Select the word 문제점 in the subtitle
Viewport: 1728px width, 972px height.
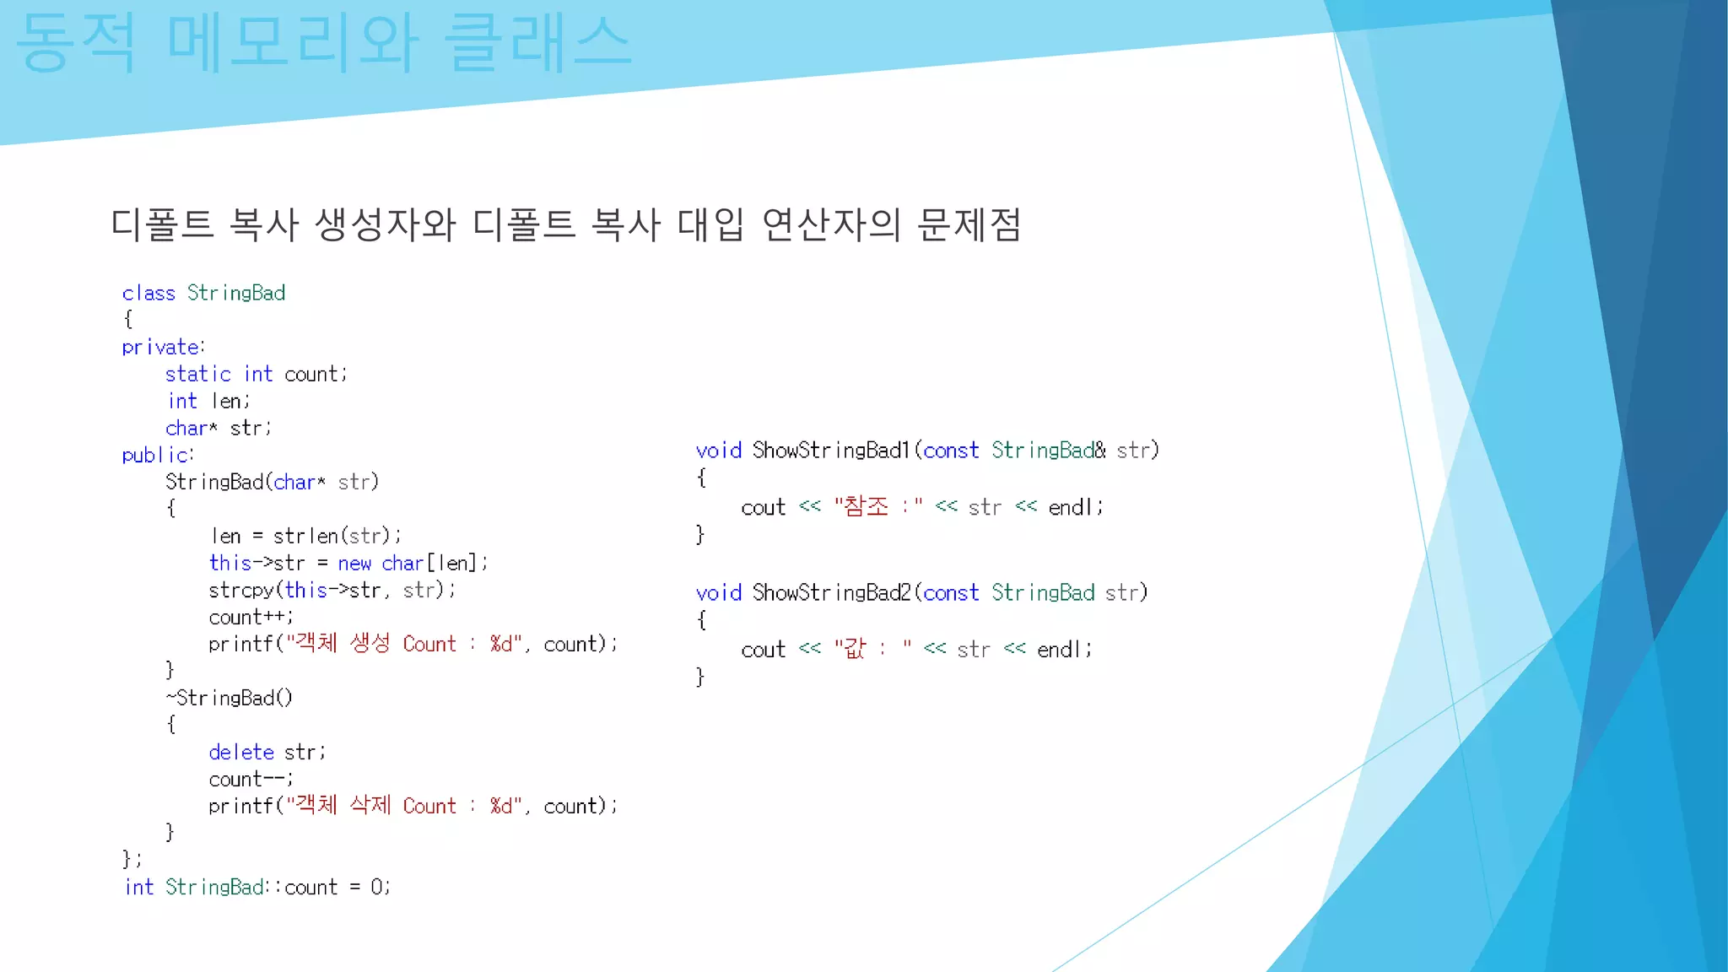(x=969, y=224)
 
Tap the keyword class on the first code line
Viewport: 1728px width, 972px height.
(x=148, y=293)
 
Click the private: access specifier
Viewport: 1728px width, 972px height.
(x=163, y=347)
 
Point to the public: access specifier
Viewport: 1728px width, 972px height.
(x=158, y=455)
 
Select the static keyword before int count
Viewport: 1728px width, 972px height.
(x=197, y=374)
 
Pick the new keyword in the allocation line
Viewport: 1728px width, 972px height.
(x=354, y=563)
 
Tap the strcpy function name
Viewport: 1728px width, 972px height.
(x=241, y=590)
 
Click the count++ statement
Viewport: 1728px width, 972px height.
(x=250, y=617)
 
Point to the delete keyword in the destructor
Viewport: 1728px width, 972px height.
(x=241, y=752)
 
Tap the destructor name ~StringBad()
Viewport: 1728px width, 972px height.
(x=229, y=698)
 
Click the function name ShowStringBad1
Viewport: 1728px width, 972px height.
(x=831, y=451)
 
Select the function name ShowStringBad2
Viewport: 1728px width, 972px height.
(x=831, y=593)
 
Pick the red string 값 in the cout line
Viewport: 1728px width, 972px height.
(x=855, y=649)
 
